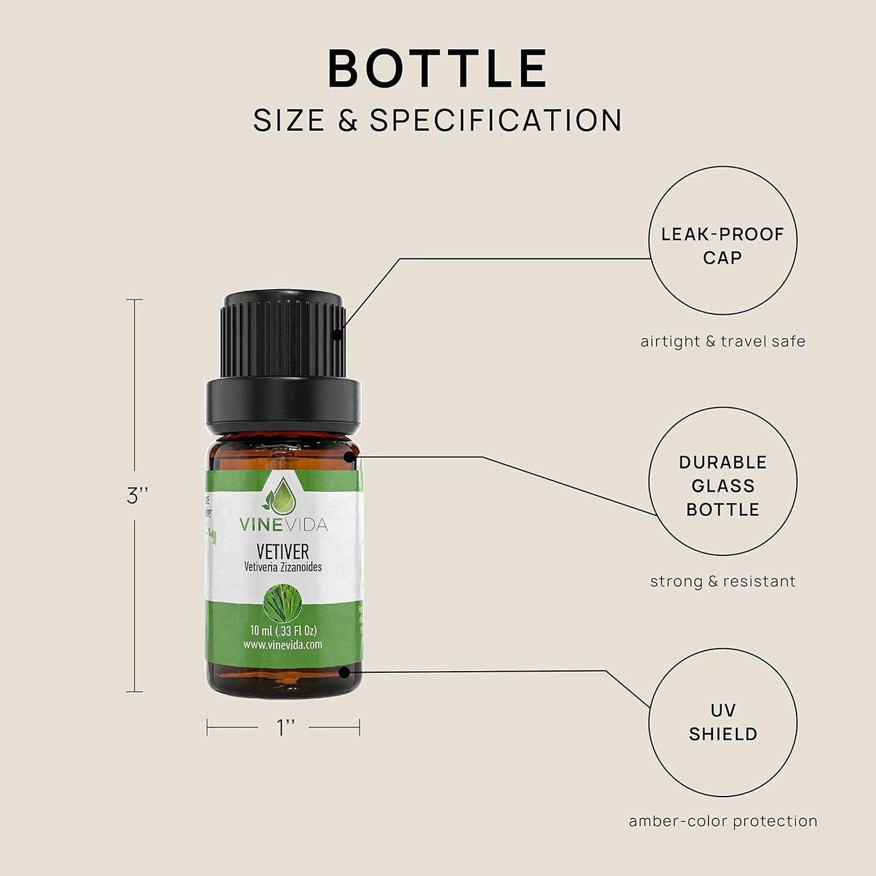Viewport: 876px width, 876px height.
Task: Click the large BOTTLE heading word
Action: point(438,69)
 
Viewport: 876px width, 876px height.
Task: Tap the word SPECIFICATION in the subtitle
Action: point(496,120)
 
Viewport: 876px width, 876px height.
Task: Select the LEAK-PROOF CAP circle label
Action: point(723,246)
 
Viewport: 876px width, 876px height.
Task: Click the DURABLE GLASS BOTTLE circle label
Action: point(723,486)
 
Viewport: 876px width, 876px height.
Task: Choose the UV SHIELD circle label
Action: point(723,722)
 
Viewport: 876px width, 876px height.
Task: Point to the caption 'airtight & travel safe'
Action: point(723,341)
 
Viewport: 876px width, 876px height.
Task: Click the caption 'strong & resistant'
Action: point(723,581)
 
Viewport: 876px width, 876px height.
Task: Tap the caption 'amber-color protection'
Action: point(723,821)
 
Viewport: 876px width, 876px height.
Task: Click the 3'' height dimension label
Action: point(138,496)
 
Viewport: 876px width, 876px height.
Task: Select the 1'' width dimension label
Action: point(286,727)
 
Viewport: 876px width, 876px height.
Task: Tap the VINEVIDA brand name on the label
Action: point(283,524)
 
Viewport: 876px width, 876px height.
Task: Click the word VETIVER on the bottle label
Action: point(283,551)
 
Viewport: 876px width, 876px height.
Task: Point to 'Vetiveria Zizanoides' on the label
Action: point(283,567)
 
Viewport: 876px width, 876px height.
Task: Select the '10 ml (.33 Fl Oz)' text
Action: point(283,630)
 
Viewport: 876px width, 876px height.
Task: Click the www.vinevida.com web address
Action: point(283,644)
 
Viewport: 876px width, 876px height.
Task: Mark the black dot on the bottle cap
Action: point(338,333)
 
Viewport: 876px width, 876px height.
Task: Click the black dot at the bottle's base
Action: point(344,672)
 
